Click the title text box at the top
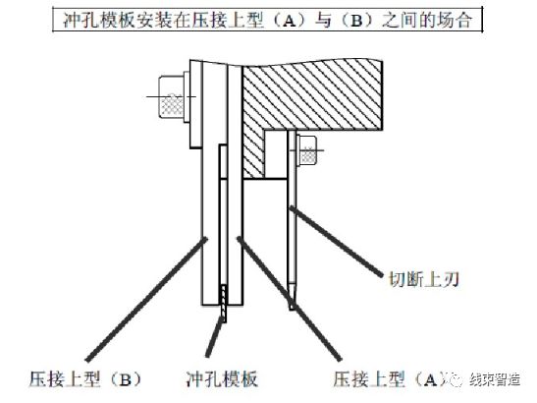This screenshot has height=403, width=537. [267, 20]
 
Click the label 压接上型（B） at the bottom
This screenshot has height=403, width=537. [85, 379]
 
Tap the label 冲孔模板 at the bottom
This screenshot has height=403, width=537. [222, 379]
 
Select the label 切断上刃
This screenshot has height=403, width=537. [424, 279]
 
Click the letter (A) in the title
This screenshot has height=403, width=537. [290, 21]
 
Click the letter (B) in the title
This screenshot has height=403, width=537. [356, 21]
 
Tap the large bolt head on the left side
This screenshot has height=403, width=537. [171, 97]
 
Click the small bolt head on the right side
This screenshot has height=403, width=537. [308, 151]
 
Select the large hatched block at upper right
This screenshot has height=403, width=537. [311, 97]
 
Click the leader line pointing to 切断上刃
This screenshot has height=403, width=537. [336, 241]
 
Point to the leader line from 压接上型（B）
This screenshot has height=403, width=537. [146, 299]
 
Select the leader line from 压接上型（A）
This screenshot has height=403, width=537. [290, 299]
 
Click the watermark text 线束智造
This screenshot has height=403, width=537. [495, 379]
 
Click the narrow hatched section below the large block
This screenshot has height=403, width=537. [253, 153]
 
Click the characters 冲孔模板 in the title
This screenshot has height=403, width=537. [100, 21]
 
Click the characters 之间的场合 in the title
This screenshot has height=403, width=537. [427, 21]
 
